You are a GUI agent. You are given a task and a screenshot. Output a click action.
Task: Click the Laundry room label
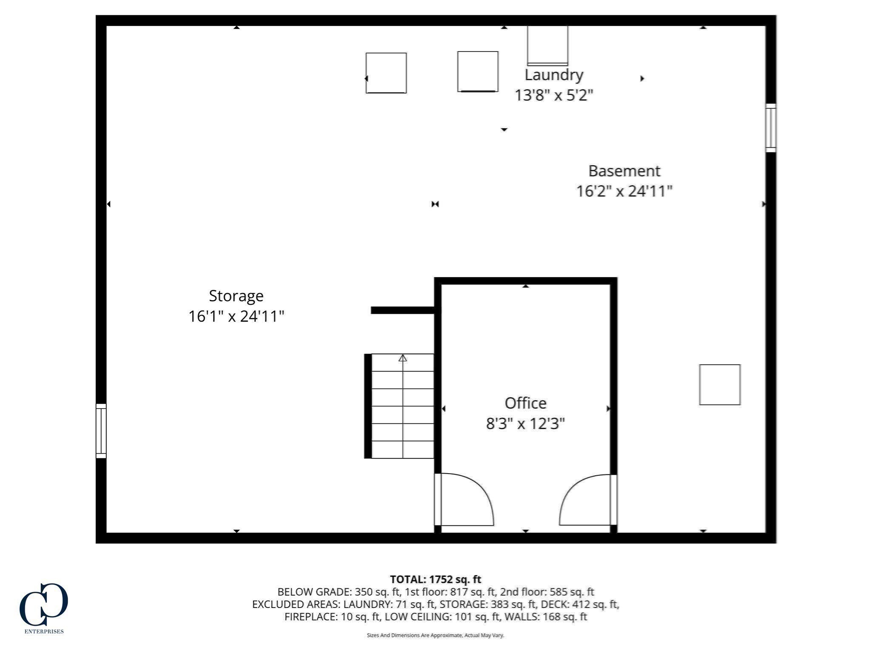point(553,75)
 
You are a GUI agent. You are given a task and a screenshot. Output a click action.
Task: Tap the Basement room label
point(624,171)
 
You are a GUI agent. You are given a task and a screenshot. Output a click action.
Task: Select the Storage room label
point(236,296)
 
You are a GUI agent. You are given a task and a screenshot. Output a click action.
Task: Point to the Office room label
point(525,403)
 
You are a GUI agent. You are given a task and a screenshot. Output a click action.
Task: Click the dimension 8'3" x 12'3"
point(525,424)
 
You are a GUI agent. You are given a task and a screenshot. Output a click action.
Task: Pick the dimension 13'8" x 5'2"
point(553,95)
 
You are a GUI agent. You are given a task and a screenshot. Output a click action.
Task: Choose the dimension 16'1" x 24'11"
point(236,316)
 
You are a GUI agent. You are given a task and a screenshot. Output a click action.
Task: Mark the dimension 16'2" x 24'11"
point(624,191)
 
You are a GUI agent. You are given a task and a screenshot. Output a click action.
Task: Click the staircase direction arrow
point(402,358)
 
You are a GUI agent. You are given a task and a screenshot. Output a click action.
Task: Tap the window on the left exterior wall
point(101,431)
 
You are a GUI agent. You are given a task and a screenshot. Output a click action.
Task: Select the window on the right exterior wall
point(771,128)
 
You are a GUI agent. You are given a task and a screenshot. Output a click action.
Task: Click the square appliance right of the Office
point(720,385)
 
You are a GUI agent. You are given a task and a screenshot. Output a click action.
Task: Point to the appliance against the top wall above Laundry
point(547,45)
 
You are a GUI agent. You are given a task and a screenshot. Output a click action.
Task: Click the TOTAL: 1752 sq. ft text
point(435,579)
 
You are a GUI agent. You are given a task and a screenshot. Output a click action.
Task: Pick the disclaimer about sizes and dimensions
point(435,636)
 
